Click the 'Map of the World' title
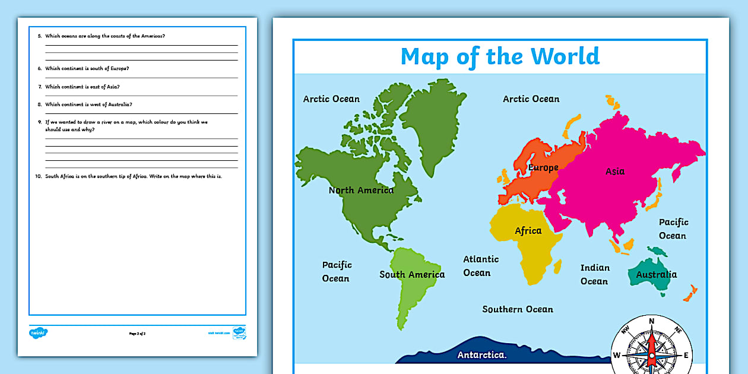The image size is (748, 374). pos(500,56)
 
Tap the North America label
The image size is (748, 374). pos(361,191)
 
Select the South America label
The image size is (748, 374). pos(412,274)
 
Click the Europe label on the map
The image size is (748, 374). pos(543,168)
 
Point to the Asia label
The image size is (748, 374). pos(615,172)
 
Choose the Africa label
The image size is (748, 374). pos(528,231)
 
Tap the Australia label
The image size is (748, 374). pos(656,274)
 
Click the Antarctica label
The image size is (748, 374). pos(482,356)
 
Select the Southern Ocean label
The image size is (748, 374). pos(518,309)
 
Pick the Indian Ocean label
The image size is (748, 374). pos(594,274)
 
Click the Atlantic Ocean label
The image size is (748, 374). pos(480,266)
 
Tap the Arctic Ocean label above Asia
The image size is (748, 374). pos(531,99)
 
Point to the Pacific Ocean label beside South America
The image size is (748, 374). pos(336,272)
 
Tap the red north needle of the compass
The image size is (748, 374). pos(651,342)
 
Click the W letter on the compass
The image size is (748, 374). pos(616,356)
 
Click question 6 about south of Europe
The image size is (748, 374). pos(87,68)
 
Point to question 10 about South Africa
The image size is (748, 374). pos(134,177)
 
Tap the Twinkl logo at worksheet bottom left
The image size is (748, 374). pos(38,333)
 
